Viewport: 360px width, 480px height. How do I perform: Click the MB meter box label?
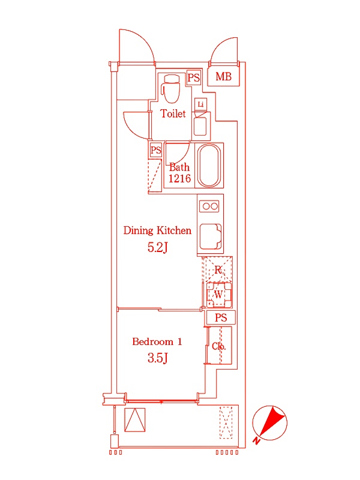(x=223, y=77)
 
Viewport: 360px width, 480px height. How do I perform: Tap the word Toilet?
(x=173, y=113)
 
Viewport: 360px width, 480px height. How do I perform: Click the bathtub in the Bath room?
(x=209, y=166)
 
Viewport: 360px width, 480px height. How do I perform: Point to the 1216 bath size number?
(x=179, y=179)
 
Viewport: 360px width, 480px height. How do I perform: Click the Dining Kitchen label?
(x=157, y=230)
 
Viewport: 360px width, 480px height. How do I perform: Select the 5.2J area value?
(x=158, y=247)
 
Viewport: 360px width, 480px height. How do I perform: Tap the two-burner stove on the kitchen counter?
(x=210, y=206)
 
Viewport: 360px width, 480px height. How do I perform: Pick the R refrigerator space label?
(x=218, y=271)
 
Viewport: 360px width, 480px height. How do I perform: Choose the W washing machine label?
(x=218, y=295)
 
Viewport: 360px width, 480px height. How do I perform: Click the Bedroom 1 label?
(x=157, y=342)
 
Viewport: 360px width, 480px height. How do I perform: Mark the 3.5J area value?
(x=157, y=359)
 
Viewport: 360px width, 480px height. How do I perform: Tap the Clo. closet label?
(x=218, y=346)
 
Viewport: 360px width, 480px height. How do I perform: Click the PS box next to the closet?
(x=221, y=318)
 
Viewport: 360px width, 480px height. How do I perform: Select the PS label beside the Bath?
(x=156, y=150)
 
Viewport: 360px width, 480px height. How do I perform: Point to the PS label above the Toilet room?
(x=193, y=77)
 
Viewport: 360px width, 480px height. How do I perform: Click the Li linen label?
(x=200, y=104)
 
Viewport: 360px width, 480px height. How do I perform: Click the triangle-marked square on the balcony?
(x=135, y=419)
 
